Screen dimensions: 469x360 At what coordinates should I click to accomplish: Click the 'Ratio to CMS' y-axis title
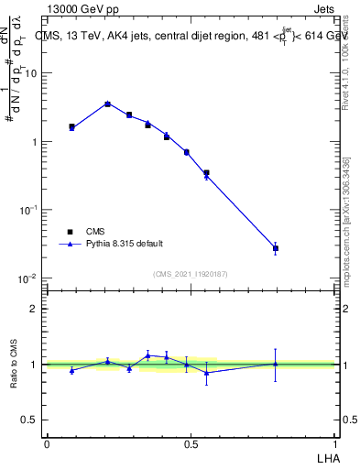14,365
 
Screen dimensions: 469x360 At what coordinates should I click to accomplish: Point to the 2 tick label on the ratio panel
35,309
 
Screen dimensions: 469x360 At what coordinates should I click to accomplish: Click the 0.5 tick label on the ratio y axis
29,420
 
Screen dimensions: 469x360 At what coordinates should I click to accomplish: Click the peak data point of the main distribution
107,104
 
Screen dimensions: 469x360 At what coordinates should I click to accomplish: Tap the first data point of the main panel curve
71,127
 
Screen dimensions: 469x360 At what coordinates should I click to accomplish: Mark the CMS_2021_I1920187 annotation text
190,273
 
